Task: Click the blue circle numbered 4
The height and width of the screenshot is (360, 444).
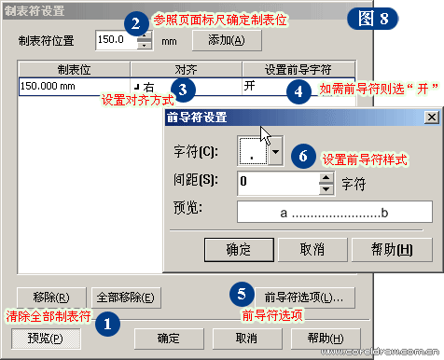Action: pyautogui.click(x=298, y=91)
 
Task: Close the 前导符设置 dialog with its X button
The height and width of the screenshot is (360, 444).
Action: pyautogui.click(x=431, y=118)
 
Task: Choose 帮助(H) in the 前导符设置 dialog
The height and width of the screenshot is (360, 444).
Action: pyautogui.click(x=392, y=250)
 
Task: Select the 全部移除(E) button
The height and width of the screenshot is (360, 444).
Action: pyautogui.click(x=130, y=298)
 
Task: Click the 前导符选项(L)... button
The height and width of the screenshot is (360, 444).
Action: pyautogui.click(x=304, y=298)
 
